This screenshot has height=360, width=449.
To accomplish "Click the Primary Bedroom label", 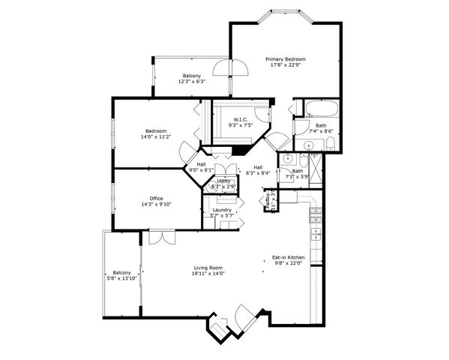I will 285,58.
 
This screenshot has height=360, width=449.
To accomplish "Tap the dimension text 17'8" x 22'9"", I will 285,64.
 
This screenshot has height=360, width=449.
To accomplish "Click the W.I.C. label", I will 241,119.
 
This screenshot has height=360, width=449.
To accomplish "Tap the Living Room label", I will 208,268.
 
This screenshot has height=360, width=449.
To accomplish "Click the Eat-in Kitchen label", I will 288,257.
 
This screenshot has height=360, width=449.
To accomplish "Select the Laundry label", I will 222,210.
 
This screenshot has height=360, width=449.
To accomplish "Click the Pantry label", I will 265,200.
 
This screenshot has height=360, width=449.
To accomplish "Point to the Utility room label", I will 223,181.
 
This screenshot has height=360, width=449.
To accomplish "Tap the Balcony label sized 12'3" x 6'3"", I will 191,76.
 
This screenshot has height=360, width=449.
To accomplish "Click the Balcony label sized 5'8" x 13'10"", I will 121,272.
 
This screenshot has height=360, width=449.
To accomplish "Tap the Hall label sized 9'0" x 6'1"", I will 201,164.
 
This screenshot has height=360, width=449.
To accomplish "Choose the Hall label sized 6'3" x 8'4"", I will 258,167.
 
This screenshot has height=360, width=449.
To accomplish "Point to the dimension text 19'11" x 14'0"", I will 208,274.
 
